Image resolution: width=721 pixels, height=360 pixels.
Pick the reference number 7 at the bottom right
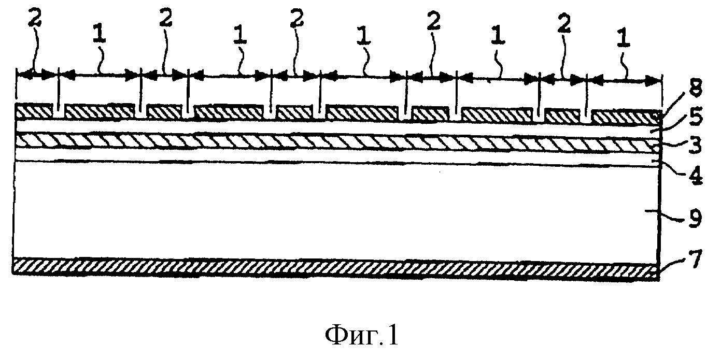tap(695, 260)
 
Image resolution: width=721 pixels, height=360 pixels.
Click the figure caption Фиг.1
tap(362, 336)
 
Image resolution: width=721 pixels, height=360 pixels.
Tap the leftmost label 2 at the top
tap(35, 19)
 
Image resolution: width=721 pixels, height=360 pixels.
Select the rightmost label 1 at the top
tap(623, 39)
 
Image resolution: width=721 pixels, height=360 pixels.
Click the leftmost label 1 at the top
tap(99, 35)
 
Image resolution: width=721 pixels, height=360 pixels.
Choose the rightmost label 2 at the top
tap(563, 23)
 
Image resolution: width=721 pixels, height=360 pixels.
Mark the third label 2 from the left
tap(297, 19)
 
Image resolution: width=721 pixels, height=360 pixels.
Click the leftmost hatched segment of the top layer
tap(34, 111)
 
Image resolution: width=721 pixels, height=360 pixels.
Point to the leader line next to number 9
tap(669, 220)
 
